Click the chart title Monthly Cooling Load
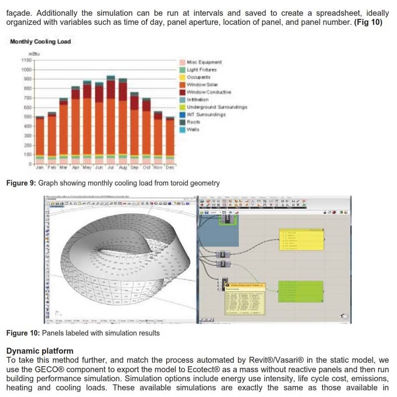tap(41, 42)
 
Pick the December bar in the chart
tap(170, 141)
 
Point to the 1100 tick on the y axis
tap(26, 60)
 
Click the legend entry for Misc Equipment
tap(204, 63)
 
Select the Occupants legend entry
tap(198, 77)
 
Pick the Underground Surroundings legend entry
tap(216, 107)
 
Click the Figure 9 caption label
tap(21, 183)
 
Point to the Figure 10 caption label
tap(23, 333)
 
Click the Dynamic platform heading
tap(40, 351)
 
